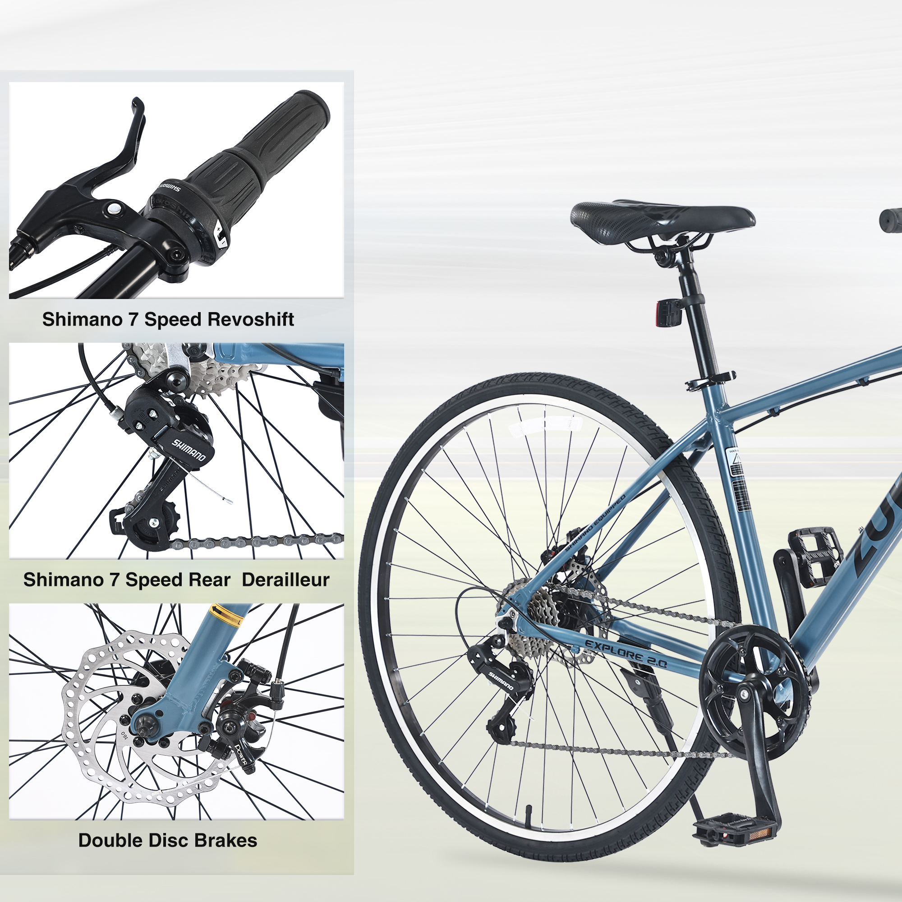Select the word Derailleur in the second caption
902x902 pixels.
(x=285, y=580)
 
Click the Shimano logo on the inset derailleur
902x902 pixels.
(x=189, y=450)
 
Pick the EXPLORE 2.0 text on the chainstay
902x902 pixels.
(x=626, y=653)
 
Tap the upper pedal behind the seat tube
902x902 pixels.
(x=817, y=556)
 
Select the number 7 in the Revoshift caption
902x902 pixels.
(x=133, y=319)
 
